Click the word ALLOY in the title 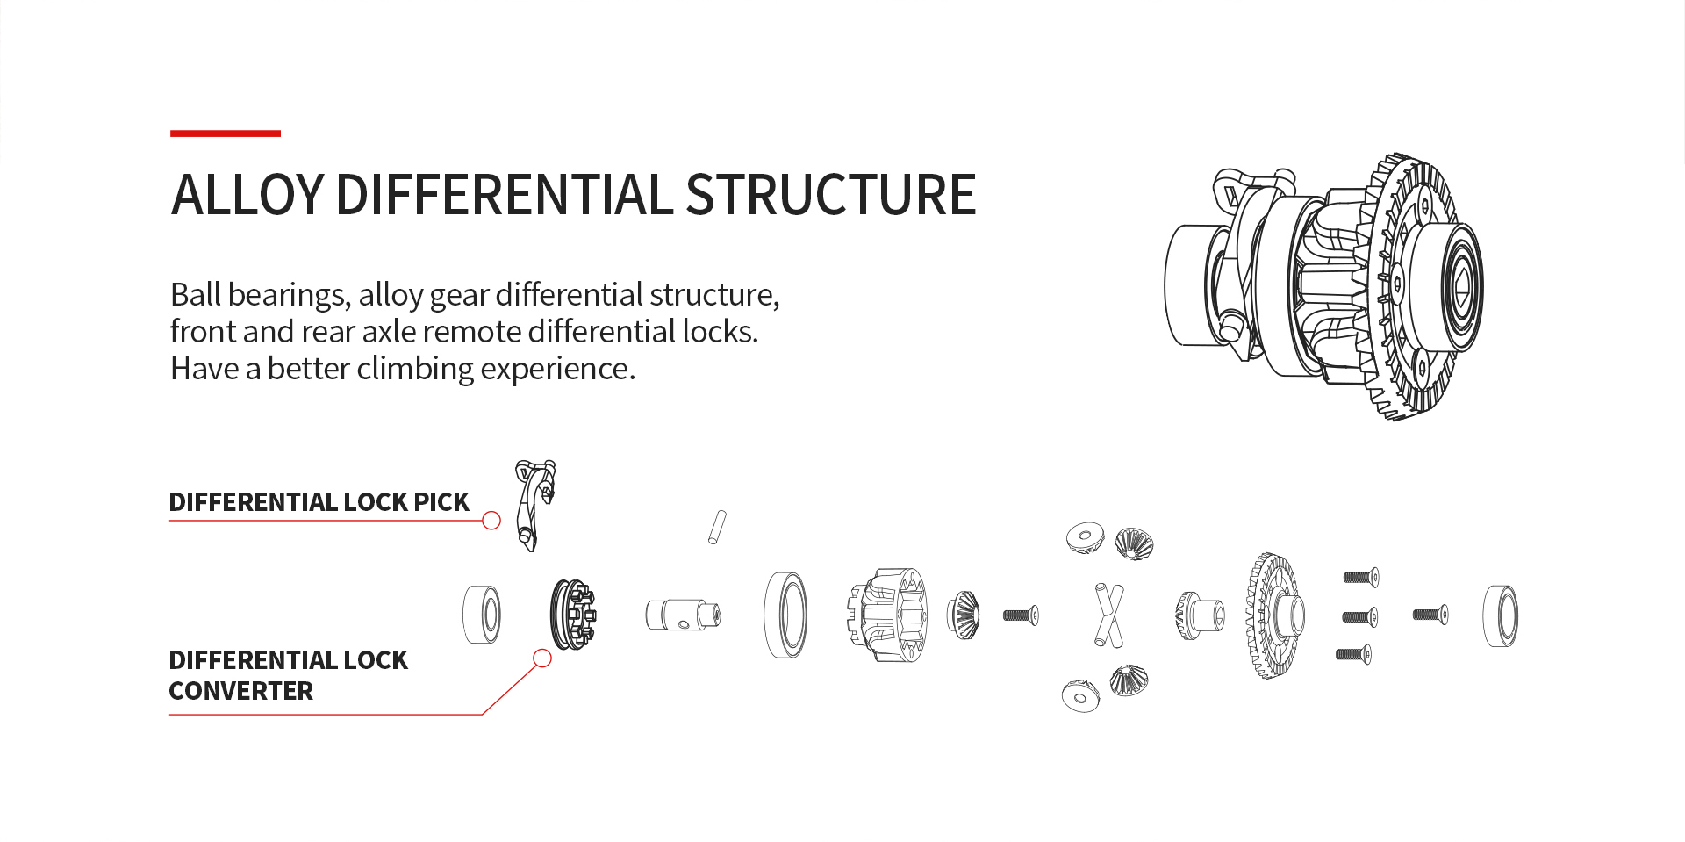[x=248, y=194]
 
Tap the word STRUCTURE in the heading [x=830, y=194]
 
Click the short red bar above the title [x=226, y=133]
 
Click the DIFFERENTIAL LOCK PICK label [x=319, y=502]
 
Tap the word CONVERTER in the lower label [x=240, y=691]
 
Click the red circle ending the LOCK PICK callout [x=491, y=521]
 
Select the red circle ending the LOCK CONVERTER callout [x=542, y=658]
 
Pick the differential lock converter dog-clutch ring [x=572, y=615]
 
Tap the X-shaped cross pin [x=1108, y=615]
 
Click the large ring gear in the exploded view [x=1274, y=615]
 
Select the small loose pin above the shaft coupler [x=718, y=527]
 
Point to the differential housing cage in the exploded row [x=886, y=615]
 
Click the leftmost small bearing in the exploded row [x=482, y=615]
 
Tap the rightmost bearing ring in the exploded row [x=1501, y=615]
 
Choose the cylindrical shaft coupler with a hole [x=683, y=615]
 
